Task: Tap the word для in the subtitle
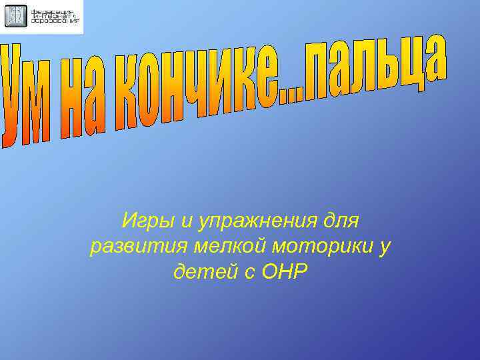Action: coord(340,219)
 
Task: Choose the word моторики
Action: coord(316,246)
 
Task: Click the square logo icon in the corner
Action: coord(16,16)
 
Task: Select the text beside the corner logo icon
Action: coord(56,16)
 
